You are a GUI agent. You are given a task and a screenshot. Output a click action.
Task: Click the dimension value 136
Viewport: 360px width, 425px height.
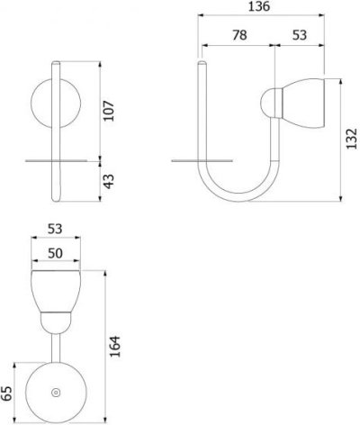pos(259,6)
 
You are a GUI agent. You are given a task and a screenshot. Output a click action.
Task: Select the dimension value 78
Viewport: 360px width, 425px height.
pos(239,35)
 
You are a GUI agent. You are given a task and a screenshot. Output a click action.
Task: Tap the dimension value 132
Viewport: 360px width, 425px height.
pos(351,139)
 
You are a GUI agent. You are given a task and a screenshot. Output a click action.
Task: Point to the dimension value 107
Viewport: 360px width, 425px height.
pos(109,111)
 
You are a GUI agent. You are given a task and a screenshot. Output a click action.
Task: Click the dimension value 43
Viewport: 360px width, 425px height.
pos(109,182)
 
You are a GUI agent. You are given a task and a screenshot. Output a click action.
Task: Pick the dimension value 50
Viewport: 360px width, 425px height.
pos(55,253)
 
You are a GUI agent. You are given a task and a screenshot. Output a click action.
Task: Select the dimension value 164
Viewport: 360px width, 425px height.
pos(114,347)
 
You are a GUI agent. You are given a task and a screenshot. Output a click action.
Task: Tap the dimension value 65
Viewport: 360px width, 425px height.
pos(6,393)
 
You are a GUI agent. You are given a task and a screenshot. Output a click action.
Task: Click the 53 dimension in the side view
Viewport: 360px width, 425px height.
pos(300,35)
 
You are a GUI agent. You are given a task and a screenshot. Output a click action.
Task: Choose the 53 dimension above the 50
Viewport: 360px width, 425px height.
pos(55,230)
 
